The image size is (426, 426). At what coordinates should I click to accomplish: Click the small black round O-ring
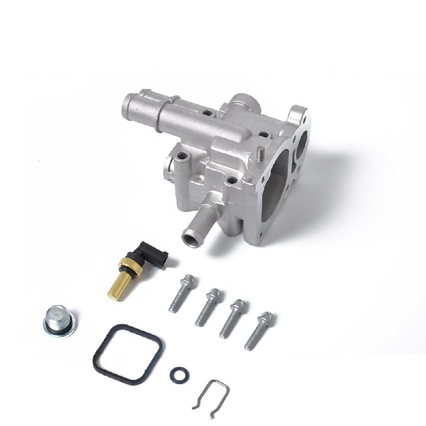click(179, 375)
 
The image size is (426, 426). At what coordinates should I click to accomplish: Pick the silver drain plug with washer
click(60, 320)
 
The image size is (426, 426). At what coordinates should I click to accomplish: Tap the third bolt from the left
click(232, 319)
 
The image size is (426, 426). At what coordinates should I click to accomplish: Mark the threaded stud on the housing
click(260, 154)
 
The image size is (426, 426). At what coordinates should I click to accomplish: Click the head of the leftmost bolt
click(188, 281)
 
